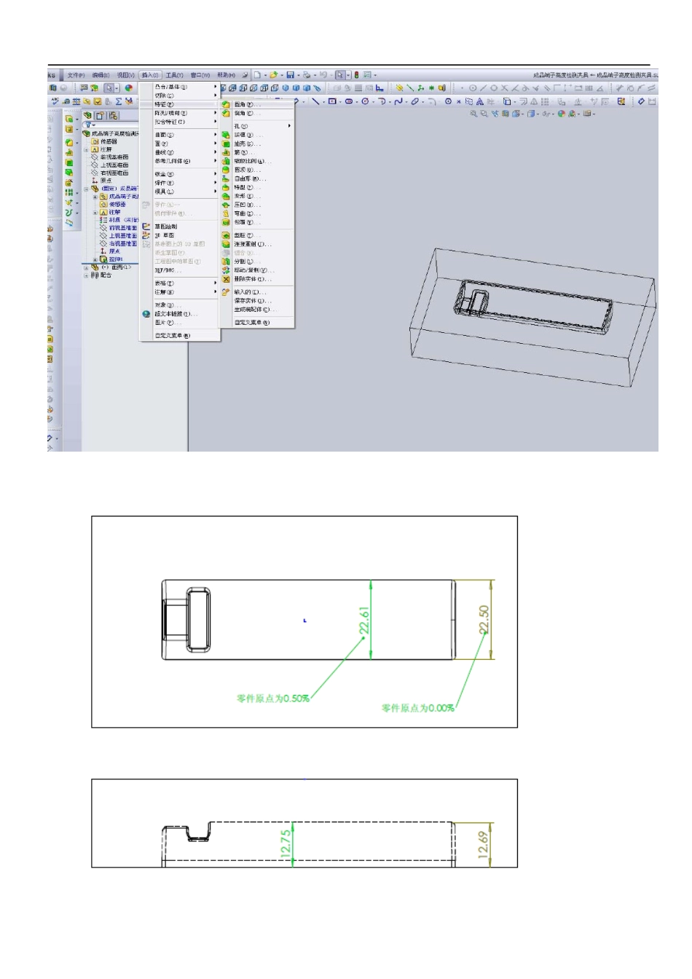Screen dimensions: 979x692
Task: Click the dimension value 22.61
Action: coord(364,621)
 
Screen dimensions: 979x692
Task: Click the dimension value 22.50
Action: coord(484,620)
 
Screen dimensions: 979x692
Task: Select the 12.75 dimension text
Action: coord(286,842)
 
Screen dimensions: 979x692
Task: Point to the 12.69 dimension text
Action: coord(484,845)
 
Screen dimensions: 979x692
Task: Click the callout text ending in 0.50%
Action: coord(273,699)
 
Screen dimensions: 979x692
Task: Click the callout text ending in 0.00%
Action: coord(418,708)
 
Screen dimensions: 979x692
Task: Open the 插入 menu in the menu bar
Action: coord(149,75)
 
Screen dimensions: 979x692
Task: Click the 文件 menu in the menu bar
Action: coord(76,75)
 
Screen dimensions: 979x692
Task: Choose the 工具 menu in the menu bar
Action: coord(174,75)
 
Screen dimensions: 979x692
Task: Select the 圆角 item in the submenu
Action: coord(243,105)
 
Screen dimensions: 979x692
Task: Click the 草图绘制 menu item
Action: coord(165,227)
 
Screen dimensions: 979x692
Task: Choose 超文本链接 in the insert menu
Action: coord(176,314)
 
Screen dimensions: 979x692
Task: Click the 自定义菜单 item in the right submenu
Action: coord(251,323)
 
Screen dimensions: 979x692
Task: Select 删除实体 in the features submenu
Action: coord(252,279)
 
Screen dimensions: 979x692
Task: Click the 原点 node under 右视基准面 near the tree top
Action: coord(106,181)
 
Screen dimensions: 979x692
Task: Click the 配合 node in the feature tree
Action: coord(106,275)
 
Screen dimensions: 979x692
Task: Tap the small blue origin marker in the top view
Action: coord(304,621)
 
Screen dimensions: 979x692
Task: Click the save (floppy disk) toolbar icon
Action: coord(290,75)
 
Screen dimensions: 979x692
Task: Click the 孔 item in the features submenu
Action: coord(241,126)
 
